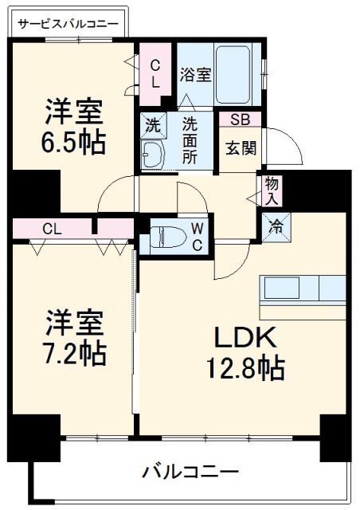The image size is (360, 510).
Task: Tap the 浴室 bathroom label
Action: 195,76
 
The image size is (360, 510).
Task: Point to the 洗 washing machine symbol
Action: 152,124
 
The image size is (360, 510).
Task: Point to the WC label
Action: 198,236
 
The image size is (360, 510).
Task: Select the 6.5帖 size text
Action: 73,143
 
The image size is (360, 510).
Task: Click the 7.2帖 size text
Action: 74,351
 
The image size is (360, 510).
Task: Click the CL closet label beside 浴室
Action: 156,73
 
